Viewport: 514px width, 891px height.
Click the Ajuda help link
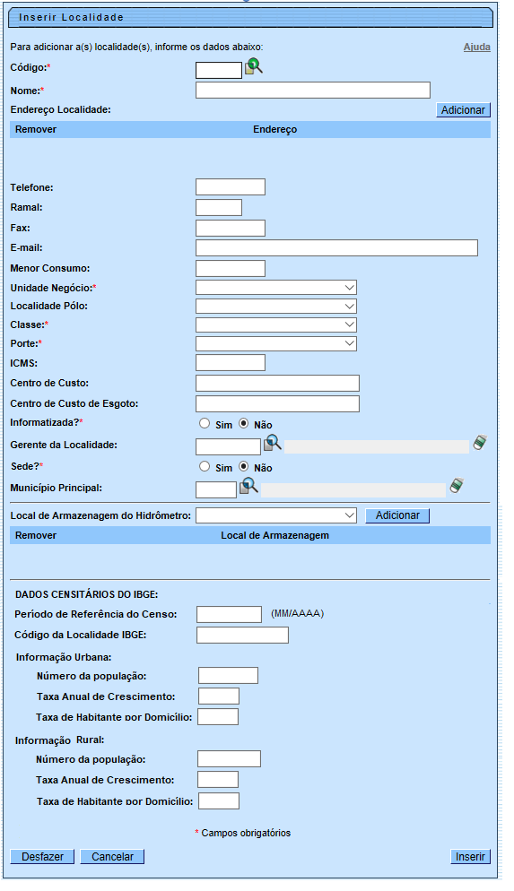476,48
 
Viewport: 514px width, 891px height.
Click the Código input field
218,70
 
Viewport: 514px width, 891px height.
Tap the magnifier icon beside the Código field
253,65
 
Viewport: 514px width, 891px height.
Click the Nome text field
312,90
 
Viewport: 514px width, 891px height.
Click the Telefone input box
230,186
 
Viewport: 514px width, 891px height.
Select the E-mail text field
336,247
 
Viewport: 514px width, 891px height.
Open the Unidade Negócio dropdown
275,288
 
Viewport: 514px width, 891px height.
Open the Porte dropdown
275,343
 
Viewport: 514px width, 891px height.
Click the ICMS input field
230,362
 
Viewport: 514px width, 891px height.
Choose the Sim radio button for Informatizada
205,423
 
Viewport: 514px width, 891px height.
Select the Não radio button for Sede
244,467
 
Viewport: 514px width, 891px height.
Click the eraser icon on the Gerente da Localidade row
480,443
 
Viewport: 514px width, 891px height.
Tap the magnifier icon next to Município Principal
248,487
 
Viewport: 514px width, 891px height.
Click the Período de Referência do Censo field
229,614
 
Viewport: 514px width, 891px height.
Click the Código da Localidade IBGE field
242,636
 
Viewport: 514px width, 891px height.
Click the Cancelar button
112,857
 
